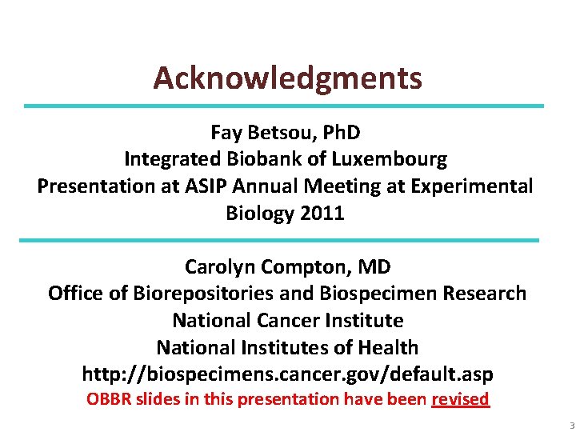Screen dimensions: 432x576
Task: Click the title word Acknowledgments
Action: tap(287, 78)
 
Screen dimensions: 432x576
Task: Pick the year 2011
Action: tap(322, 214)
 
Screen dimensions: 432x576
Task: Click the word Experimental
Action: tap(478, 186)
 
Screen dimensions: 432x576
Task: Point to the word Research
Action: tap(486, 294)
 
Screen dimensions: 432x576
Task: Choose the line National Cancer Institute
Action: tap(287, 321)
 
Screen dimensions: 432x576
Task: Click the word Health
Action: tap(388, 348)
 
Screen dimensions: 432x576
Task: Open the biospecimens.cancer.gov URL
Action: tap(287, 374)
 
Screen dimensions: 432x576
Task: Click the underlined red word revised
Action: tap(460, 399)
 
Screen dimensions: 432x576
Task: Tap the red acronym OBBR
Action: tap(107, 399)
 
